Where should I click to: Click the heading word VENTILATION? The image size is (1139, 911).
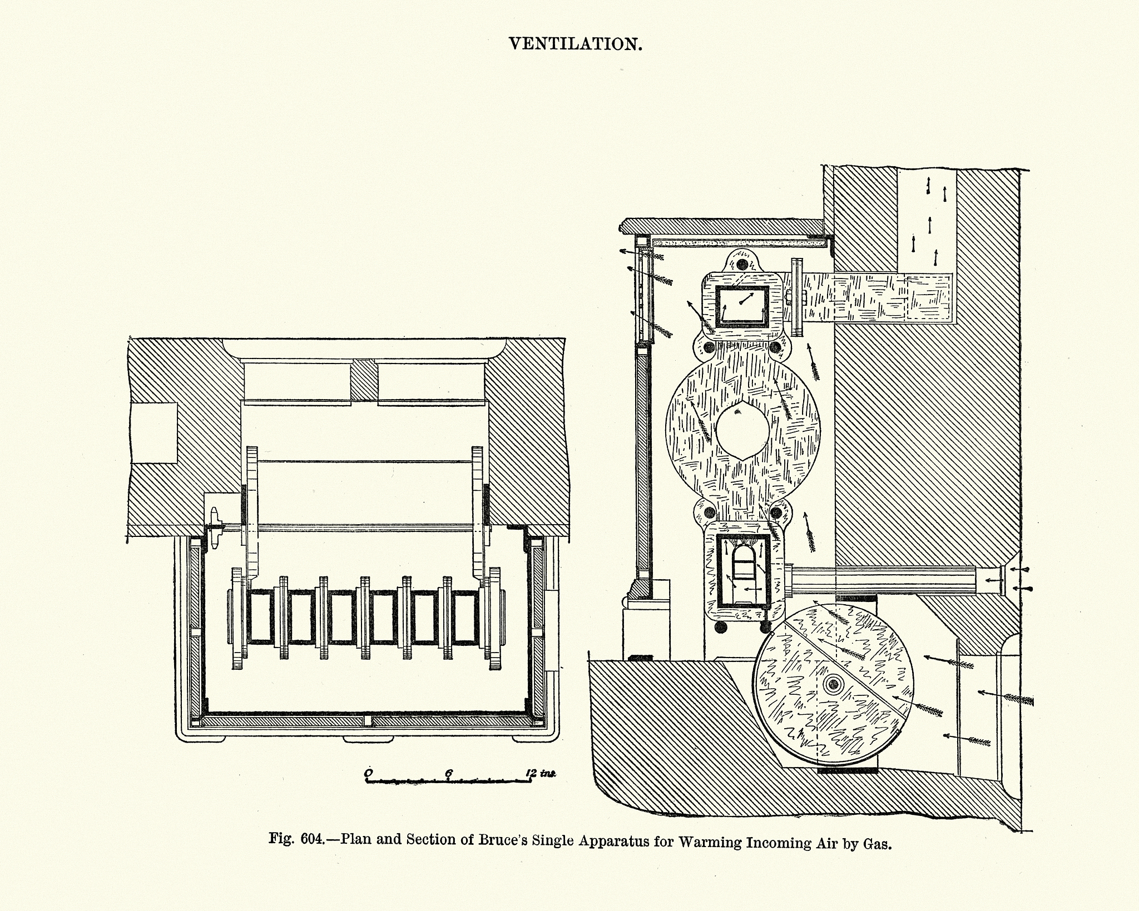(576, 44)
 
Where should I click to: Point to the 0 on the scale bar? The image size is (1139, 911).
(368, 773)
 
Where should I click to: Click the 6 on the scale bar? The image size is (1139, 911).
(449, 773)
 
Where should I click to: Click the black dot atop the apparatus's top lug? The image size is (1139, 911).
(741, 264)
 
